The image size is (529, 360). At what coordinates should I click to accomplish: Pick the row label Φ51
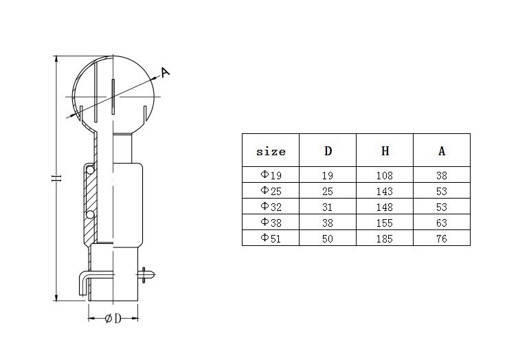(x=270, y=237)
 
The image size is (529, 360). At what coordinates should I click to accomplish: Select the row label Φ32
(x=270, y=206)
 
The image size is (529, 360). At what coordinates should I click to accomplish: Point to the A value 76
(x=442, y=237)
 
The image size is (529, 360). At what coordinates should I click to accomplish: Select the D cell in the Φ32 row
(x=328, y=206)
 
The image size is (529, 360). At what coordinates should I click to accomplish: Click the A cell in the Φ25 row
(x=442, y=190)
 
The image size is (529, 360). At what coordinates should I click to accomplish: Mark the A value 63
(x=442, y=221)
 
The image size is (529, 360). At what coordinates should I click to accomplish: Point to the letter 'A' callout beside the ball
(x=165, y=71)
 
